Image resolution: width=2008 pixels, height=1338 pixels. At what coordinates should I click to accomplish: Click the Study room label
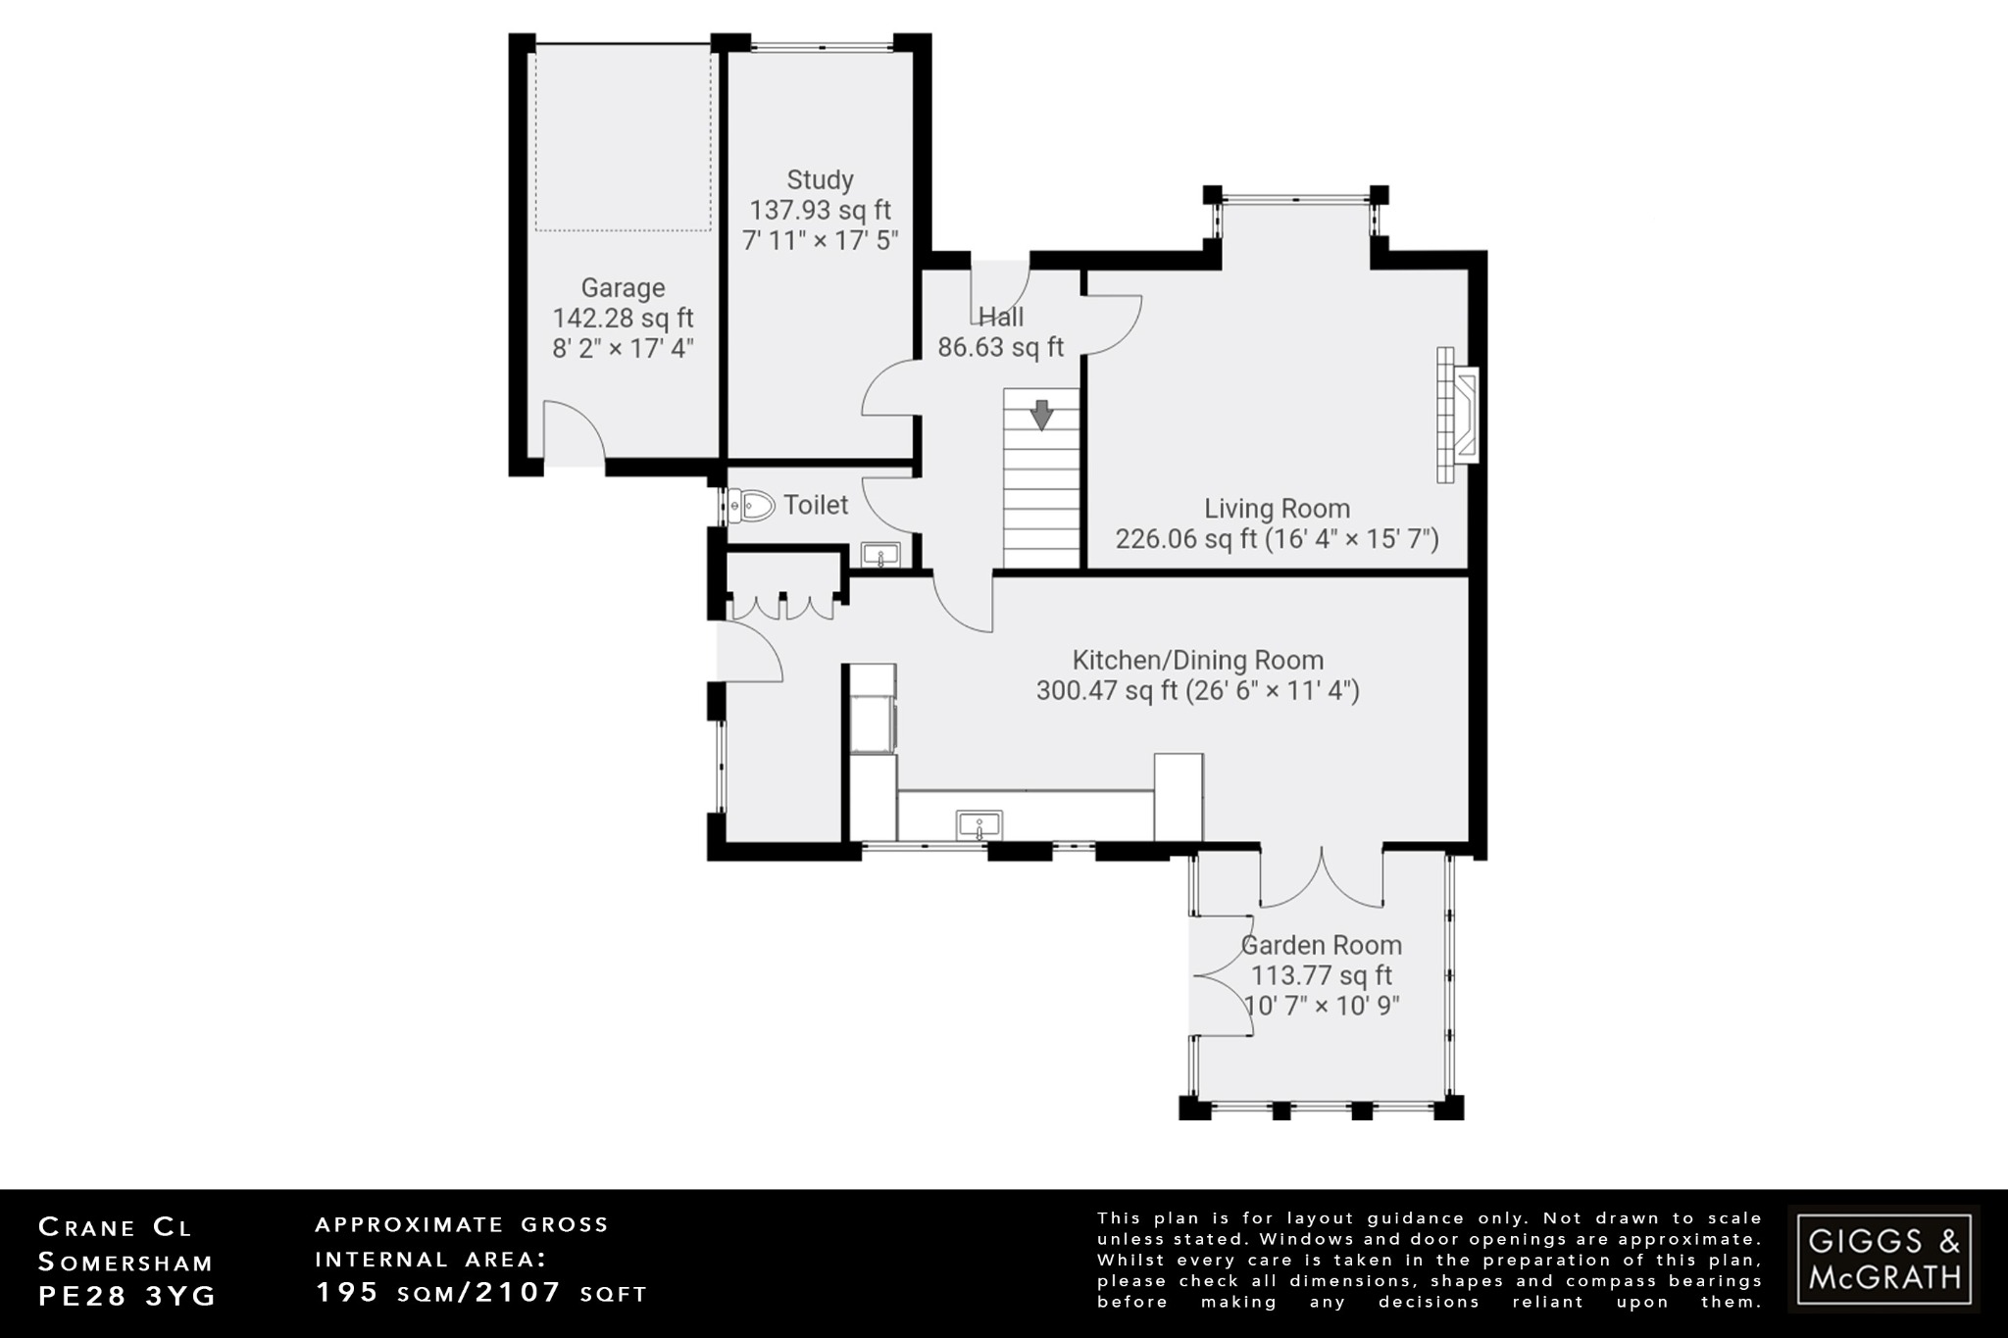point(820,180)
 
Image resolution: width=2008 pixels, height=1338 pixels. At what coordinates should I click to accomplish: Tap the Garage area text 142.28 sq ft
point(623,319)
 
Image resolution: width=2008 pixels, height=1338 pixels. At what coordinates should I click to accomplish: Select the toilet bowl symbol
point(752,506)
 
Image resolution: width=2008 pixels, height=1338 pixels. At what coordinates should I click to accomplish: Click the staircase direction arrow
point(1041,415)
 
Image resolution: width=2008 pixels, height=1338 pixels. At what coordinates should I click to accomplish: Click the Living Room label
point(1277,509)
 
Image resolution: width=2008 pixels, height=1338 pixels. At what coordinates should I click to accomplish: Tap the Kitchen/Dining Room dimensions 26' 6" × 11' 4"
point(1272,691)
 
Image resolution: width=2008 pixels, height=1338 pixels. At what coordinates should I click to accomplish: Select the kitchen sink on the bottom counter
point(979,824)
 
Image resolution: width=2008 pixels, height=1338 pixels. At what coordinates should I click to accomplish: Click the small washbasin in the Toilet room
point(880,556)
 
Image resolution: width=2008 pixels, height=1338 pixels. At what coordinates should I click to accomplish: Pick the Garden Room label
point(1321,946)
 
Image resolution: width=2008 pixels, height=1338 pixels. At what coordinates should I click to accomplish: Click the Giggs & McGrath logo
point(1883,1259)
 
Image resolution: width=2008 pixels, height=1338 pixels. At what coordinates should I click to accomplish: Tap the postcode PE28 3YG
point(126,1296)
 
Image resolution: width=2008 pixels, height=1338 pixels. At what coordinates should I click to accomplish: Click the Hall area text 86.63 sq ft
point(1000,347)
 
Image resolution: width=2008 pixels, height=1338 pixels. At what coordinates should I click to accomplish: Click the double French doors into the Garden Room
point(1321,878)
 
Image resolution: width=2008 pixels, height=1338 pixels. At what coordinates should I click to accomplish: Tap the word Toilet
point(816,506)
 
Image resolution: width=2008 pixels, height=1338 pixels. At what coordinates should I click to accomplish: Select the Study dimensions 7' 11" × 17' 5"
point(820,241)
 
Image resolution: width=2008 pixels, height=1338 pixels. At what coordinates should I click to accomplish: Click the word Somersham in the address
point(125,1263)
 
